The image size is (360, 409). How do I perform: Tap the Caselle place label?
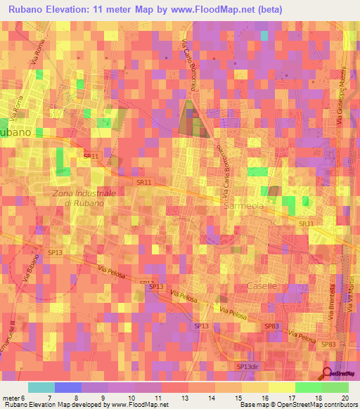[262, 286]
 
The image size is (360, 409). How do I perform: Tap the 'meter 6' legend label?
[14, 398]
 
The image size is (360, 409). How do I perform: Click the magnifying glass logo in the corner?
[328, 376]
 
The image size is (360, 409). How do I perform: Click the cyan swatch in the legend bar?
[41, 387]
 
